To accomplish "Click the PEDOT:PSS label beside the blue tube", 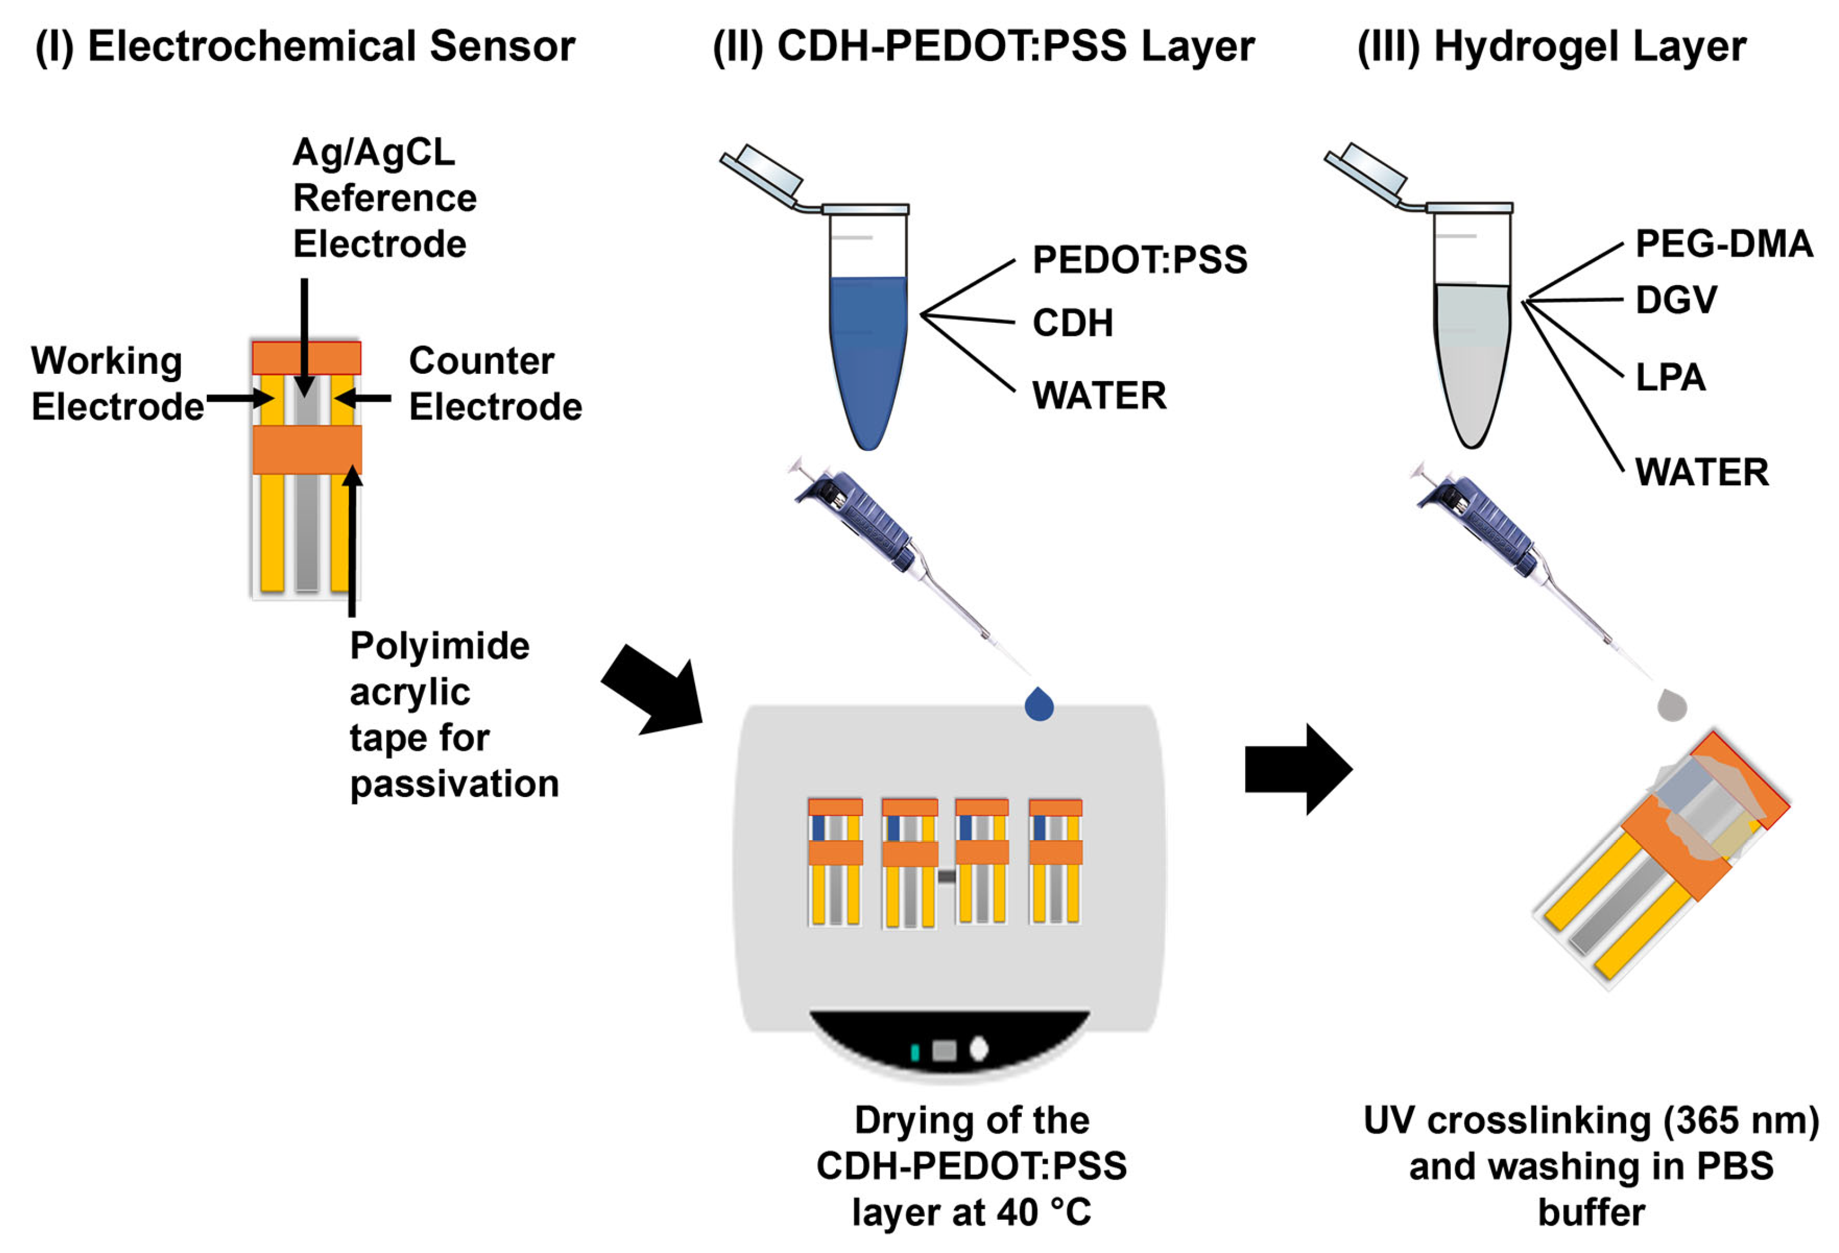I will pyautogui.click(x=1139, y=260).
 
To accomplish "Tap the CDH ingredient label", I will pyautogui.click(x=1072, y=323).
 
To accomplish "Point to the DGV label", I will pyautogui.click(x=1676, y=300).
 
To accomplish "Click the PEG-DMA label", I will pyautogui.click(x=1724, y=243).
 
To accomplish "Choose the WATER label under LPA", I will pyautogui.click(x=1702, y=472).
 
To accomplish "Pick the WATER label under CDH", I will pyautogui.click(x=1099, y=395).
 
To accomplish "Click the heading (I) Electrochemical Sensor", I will pyautogui.click(x=305, y=46).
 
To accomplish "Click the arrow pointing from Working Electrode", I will pyautogui.click(x=240, y=398).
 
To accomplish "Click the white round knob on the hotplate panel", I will pyautogui.click(x=979, y=1049).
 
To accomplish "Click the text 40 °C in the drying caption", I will pyautogui.click(x=1044, y=1212).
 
